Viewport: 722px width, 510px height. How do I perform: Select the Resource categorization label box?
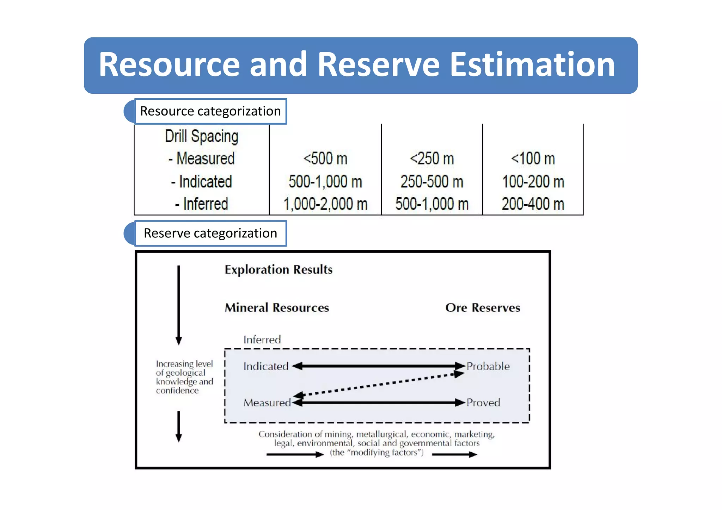[x=210, y=111]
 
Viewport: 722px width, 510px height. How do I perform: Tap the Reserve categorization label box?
[x=210, y=233]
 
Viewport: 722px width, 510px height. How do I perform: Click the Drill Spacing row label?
[x=202, y=136]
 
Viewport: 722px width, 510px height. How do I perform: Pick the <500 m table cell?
[x=325, y=158]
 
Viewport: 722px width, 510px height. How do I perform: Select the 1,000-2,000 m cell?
[x=325, y=204]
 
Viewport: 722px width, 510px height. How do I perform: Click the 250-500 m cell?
[x=432, y=182]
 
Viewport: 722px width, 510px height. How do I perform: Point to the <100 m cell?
[x=533, y=158]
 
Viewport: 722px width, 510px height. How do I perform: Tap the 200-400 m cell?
[x=533, y=204]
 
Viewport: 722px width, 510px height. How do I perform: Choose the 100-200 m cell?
[x=533, y=182]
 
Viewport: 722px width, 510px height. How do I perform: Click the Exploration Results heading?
[x=279, y=269]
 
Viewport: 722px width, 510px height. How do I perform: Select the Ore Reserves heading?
[x=483, y=307]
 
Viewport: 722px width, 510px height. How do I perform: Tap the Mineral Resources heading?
[x=277, y=307]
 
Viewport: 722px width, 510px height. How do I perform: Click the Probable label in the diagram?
[x=488, y=366]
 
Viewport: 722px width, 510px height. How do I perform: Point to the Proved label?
[x=483, y=402]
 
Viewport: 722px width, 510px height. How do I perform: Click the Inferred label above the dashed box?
[x=262, y=340]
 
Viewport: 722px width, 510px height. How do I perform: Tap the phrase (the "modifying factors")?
[x=377, y=453]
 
